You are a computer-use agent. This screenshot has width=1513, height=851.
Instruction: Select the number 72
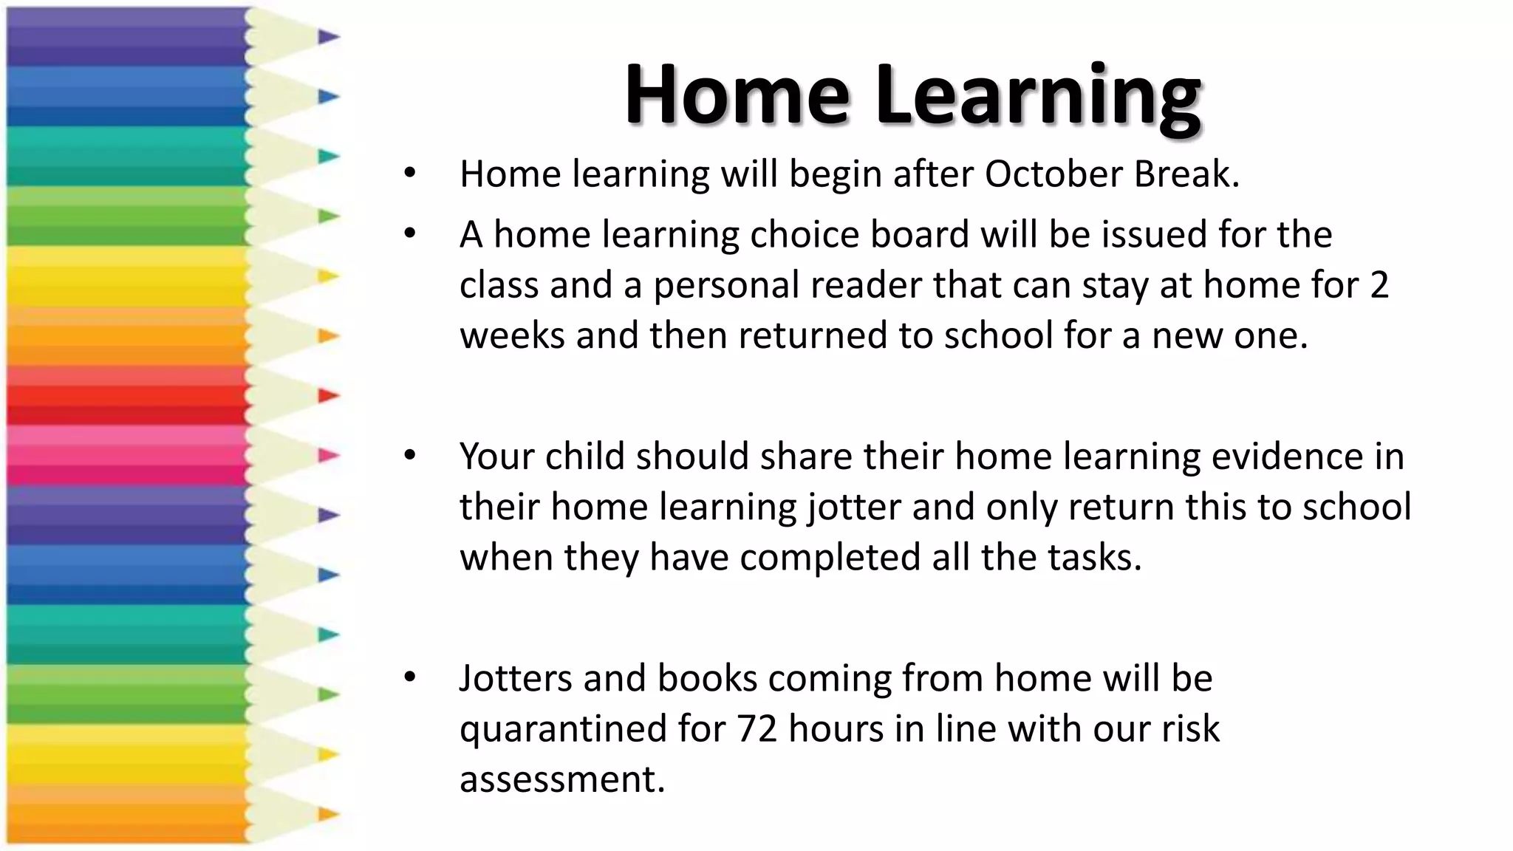(756, 729)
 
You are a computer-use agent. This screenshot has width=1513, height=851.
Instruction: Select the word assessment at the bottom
(562, 779)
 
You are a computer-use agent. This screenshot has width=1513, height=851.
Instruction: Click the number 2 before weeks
(1379, 285)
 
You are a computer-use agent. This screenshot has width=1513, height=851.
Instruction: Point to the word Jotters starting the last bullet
(516, 678)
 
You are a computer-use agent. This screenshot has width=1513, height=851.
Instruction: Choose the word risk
(1190, 729)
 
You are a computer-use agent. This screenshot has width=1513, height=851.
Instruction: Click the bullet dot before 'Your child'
(411, 456)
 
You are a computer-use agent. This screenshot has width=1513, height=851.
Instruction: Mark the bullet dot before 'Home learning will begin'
(411, 174)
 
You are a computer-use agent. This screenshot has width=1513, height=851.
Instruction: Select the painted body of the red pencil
(126, 396)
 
